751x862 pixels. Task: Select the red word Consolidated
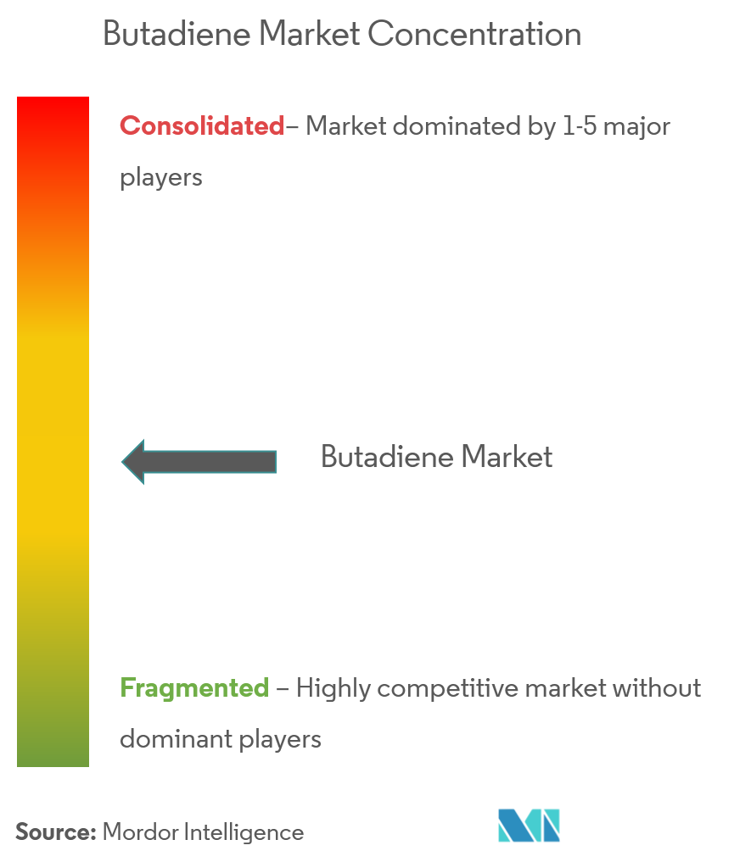202,126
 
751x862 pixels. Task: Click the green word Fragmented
194,687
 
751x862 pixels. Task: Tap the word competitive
448,688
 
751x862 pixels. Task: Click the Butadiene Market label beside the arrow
436,458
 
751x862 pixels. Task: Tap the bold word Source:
55,832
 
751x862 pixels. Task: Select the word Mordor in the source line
136,832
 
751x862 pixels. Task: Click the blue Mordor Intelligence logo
529,826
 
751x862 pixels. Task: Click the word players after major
161,179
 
